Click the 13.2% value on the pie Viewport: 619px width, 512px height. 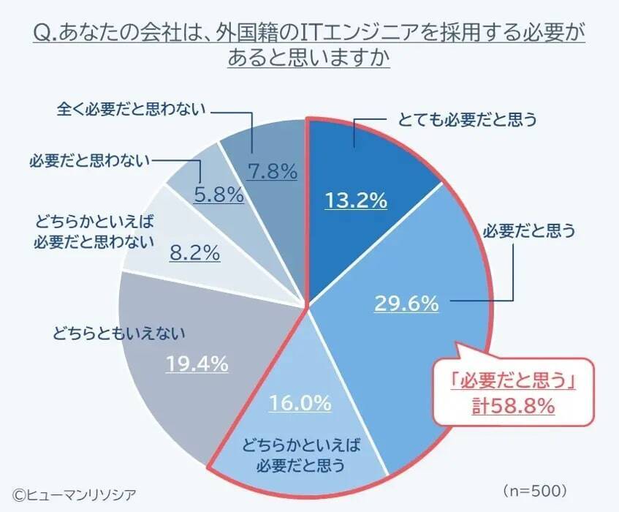tap(355, 200)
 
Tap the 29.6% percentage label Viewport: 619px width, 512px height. tap(406, 302)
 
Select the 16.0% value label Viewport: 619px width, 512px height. tap(300, 402)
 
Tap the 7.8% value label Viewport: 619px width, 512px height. tap(273, 172)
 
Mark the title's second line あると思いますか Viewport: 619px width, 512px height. tap(308, 59)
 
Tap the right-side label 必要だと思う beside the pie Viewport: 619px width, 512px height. tap(530, 232)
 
